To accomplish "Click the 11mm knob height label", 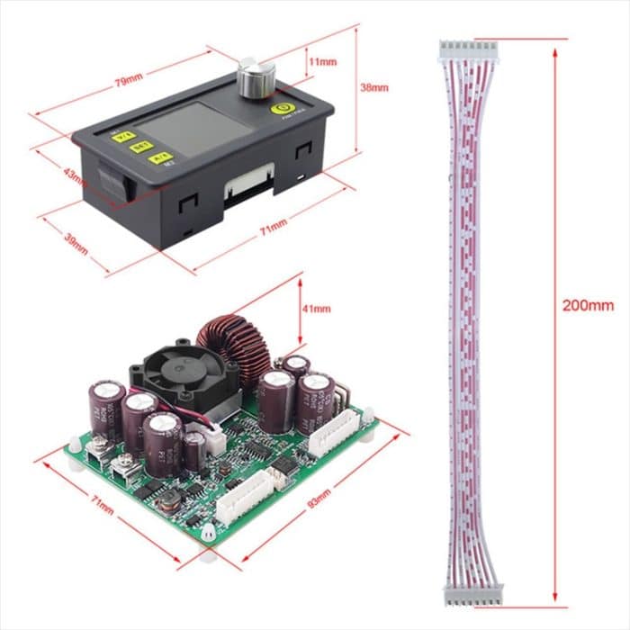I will click(322, 63).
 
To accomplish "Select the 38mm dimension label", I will click(373, 88).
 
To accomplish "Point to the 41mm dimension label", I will click(316, 309).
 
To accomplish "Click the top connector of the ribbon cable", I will click(467, 53).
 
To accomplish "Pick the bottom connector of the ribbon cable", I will click(473, 591).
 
